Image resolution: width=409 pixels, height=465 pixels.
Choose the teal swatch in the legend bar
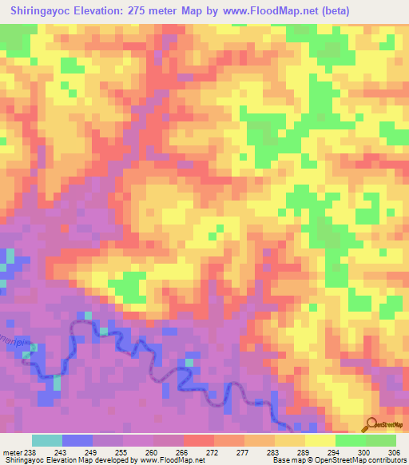pyautogui.click(x=46, y=441)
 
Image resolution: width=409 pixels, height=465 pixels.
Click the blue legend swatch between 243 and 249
pyautogui.click(x=77, y=441)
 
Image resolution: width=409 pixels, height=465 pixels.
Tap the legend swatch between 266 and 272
pyautogui.click(x=198, y=441)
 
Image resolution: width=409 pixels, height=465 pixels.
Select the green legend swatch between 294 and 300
pyautogui.click(x=350, y=441)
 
